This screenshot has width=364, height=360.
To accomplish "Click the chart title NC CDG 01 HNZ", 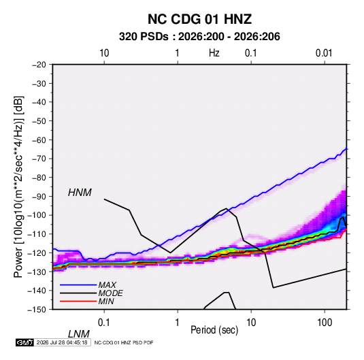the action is point(199,19).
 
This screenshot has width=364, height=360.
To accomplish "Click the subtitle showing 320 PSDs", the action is point(199,37).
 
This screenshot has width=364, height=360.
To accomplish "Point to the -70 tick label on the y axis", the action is point(39,159).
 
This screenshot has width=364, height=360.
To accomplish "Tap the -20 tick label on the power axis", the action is point(39,65).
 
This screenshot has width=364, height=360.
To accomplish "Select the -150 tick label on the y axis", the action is point(37,310).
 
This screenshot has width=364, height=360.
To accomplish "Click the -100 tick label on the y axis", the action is point(37,215).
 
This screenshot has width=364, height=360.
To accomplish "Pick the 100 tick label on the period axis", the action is point(325,323).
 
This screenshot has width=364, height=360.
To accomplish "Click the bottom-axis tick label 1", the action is point(178,323).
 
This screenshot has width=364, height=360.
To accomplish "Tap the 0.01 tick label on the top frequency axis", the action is point(324,53).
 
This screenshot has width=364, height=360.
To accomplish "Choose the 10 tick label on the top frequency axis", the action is point(104,53).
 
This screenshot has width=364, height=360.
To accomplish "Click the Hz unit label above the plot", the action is point(214,53).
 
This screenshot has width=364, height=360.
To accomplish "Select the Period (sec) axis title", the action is point(214,330).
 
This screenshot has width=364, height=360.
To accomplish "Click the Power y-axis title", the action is point(18,187).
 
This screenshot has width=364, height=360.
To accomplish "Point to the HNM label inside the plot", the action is point(80,193).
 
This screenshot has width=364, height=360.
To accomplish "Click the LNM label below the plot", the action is point(79,334).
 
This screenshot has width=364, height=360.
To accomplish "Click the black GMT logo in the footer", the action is point(24,342).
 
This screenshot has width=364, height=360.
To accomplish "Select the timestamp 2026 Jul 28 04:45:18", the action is point(62,342).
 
